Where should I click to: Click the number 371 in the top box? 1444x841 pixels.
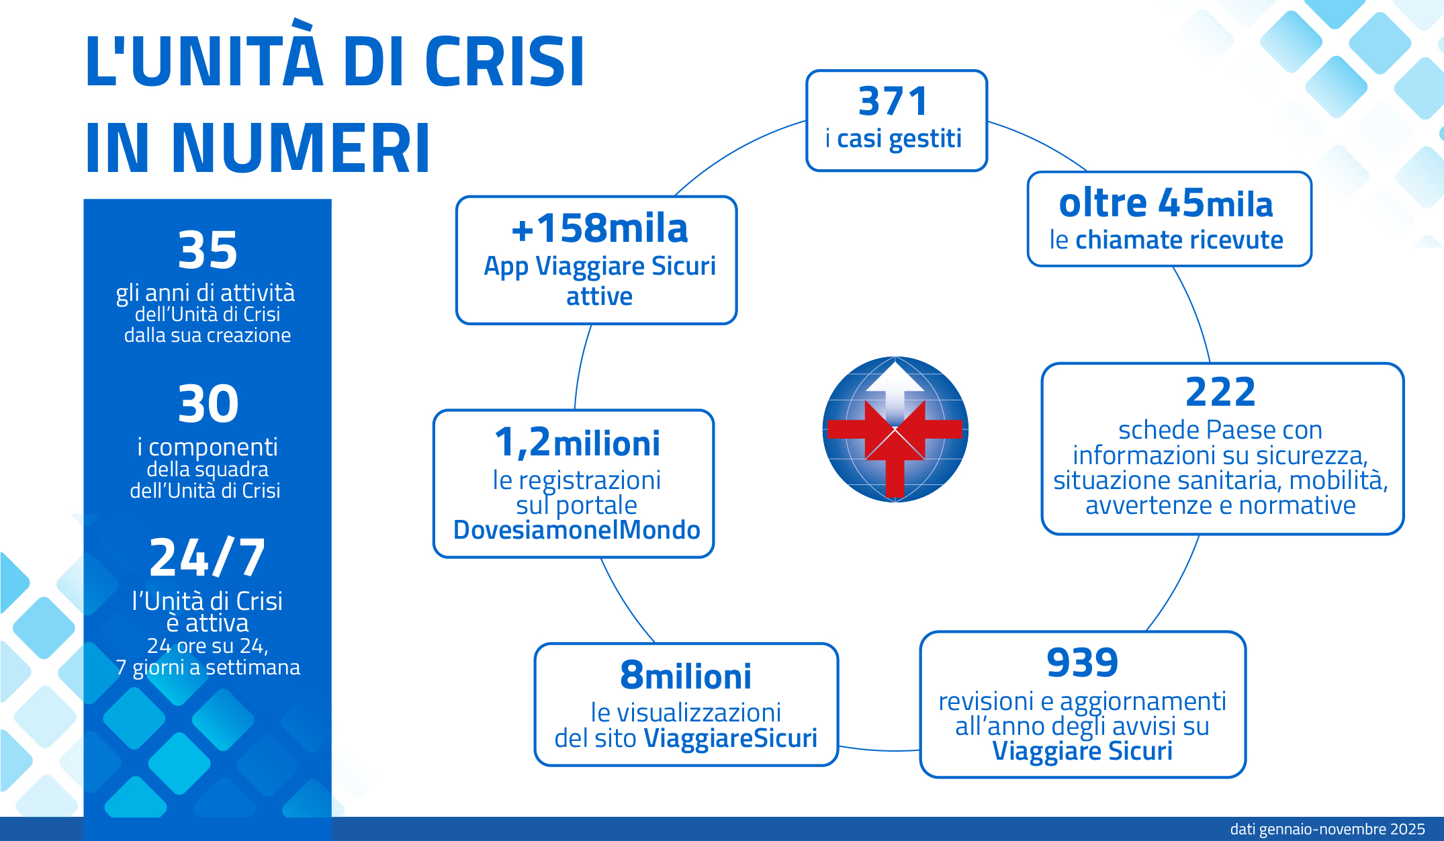click(x=894, y=101)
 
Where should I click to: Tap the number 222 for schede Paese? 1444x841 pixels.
click(x=1220, y=392)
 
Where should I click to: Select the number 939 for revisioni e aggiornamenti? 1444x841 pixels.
click(x=1082, y=662)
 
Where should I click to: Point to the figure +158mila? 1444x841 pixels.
click(x=599, y=228)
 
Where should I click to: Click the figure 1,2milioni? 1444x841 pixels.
click(x=577, y=443)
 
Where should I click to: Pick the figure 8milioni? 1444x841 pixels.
click(x=686, y=676)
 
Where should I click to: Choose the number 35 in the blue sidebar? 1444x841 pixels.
click(x=208, y=250)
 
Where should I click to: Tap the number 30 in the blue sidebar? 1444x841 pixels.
click(x=208, y=404)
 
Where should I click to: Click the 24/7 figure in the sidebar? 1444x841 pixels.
click(x=208, y=558)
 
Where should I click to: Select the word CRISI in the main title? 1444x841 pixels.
click(x=505, y=61)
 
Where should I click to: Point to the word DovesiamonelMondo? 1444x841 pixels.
click(x=577, y=530)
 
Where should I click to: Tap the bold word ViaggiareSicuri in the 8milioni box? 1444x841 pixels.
click(x=731, y=738)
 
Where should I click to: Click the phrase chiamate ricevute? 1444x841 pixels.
click(x=1179, y=240)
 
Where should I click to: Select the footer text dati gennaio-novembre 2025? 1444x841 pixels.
click(x=1328, y=829)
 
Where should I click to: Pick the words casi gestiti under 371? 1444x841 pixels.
click(x=899, y=139)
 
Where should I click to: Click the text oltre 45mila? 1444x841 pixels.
click(x=1166, y=203)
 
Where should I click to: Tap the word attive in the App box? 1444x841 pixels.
click(x=599, y=296)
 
